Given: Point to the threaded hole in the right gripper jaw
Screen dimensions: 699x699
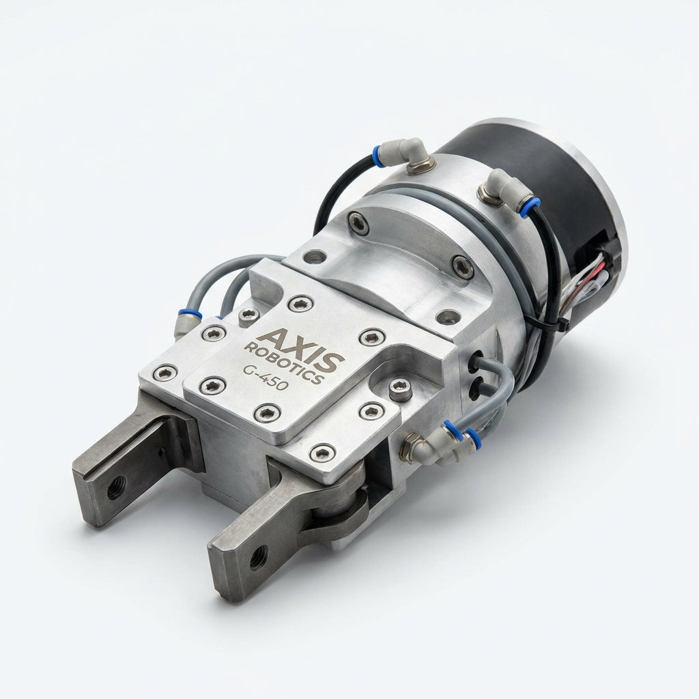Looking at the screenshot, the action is (258, 557).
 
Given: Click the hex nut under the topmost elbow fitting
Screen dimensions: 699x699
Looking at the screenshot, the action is (420, 167).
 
